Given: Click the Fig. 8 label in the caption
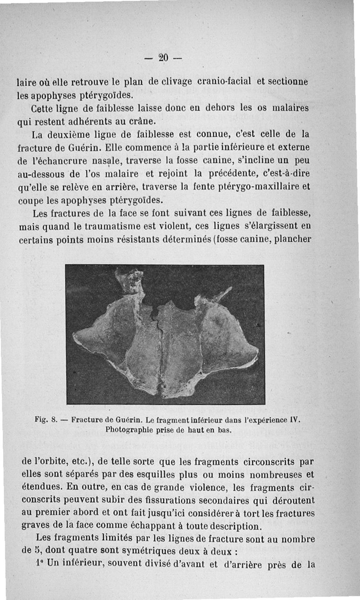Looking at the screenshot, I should pos(44,420).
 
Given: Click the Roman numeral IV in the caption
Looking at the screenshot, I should pos(293,420).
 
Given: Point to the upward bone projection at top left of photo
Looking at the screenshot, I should pos(129,281).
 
